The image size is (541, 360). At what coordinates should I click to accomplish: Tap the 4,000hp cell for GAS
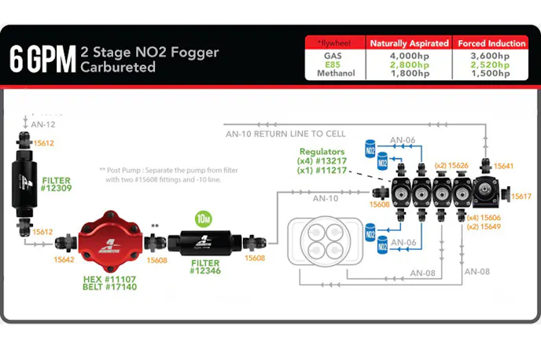pos(409,56)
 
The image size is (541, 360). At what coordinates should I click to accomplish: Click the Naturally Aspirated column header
pos(409,43)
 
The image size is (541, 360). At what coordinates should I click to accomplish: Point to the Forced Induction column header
pos(495,43)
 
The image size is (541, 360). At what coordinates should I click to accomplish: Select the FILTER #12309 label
pos(56,184)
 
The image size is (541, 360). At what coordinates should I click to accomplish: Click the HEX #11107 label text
pos(109,278)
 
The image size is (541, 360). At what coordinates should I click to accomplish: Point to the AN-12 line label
pos(43,124)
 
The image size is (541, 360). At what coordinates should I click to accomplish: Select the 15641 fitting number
pos(504,167)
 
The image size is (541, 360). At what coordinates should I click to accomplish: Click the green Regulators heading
pos(322,151)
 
